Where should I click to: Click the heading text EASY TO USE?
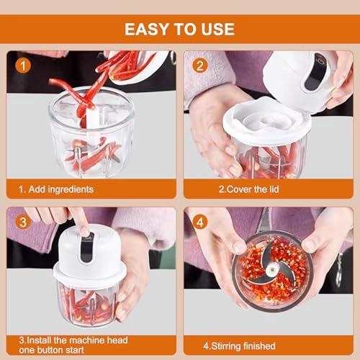pos(179,29)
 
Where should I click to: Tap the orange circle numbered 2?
pos(199,65)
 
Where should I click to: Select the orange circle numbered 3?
pos(23,222)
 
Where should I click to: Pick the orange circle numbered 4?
pos(199,222)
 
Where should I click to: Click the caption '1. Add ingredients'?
pos(56,189)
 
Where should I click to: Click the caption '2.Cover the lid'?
pos(250,189)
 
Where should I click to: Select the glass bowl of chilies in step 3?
pos(89,299)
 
